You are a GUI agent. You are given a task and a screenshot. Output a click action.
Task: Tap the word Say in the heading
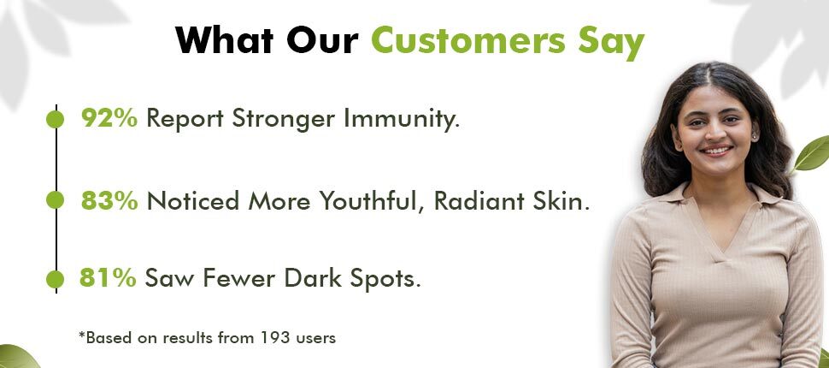(611, 42)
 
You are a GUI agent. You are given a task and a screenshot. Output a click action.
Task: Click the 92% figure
(109, 118)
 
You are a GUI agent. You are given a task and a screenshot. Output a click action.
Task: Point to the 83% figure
(109, 200)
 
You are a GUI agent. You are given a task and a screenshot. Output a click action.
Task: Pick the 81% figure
(108, 278)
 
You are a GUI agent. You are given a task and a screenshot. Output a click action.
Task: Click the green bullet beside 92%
(55, 119)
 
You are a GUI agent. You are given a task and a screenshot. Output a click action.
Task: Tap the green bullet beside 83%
(55, 200)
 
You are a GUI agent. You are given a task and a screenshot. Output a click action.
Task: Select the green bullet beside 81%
(55, 279)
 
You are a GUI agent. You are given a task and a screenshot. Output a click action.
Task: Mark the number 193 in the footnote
(274, 337)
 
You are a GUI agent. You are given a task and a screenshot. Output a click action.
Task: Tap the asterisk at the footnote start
(81, 335)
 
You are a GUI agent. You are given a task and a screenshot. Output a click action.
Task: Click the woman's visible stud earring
(755, 137)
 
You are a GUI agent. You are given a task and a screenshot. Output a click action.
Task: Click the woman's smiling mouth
(717, 151)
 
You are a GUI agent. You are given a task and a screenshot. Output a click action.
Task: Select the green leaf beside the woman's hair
(811, 153)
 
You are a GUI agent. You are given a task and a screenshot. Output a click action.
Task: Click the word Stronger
(283, 119)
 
